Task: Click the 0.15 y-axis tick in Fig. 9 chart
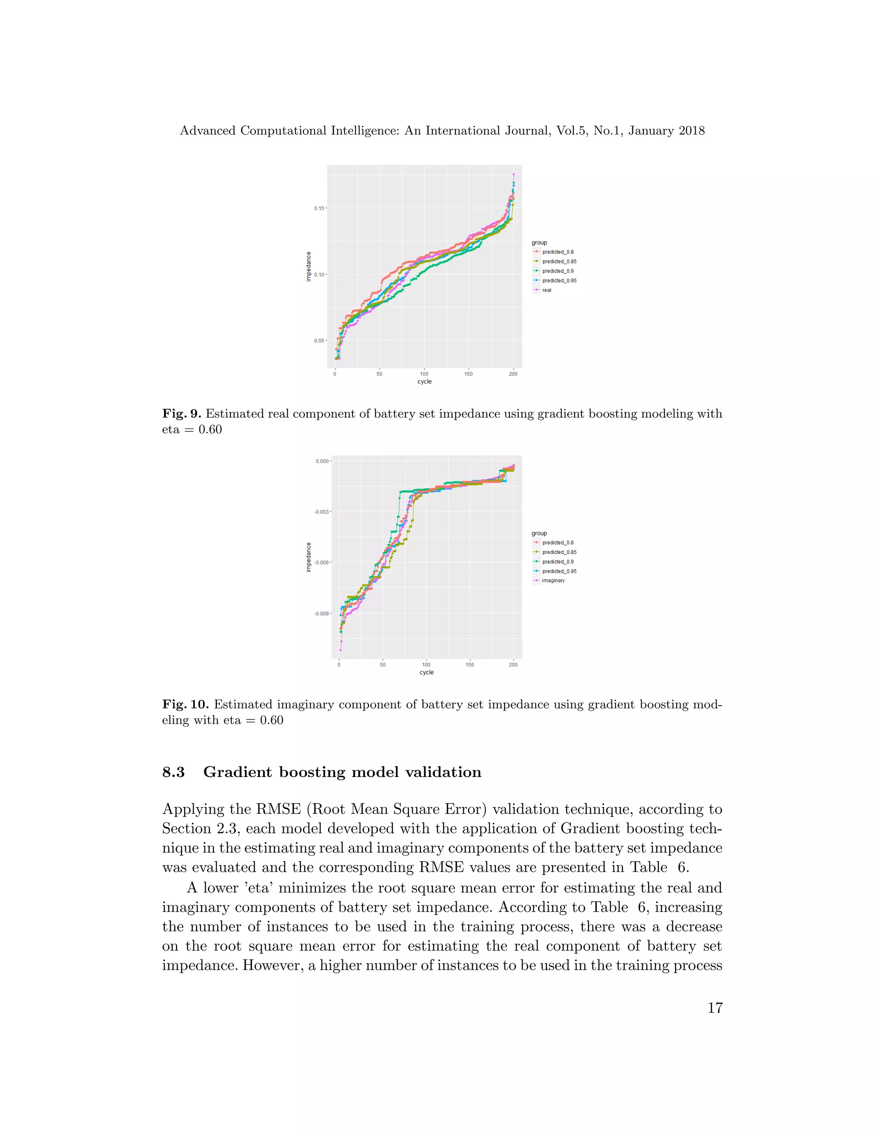pyautogui.click(x=318, y=208)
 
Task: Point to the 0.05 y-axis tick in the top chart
pyautogui.click(x=318, y=340)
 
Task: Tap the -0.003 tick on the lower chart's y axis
pyautogui.click(x=321, y=512)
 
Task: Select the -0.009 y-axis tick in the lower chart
pyautogui.click(x=321, y=613)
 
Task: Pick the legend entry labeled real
pyautogui.click(x=546, y=290)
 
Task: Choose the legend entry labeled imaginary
pyautogui.click(x=553, y=581)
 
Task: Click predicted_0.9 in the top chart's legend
pyautogui.click(x=558, y=271)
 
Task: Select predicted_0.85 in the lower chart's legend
pyautogui.click(x=559, y=552)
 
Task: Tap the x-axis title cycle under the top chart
pyautogui.click(x=425, y=381)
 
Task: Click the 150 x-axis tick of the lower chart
pyautogui.click(x=470, y=665)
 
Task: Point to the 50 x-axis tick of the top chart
pyautogui.click(x=379, y=374)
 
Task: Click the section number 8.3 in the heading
pyautogui.click(x=173, y=772)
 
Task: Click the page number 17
pyautogui.click(x=715, y=1008)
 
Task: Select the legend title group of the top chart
pyautogui.click(x=539, y=243)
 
